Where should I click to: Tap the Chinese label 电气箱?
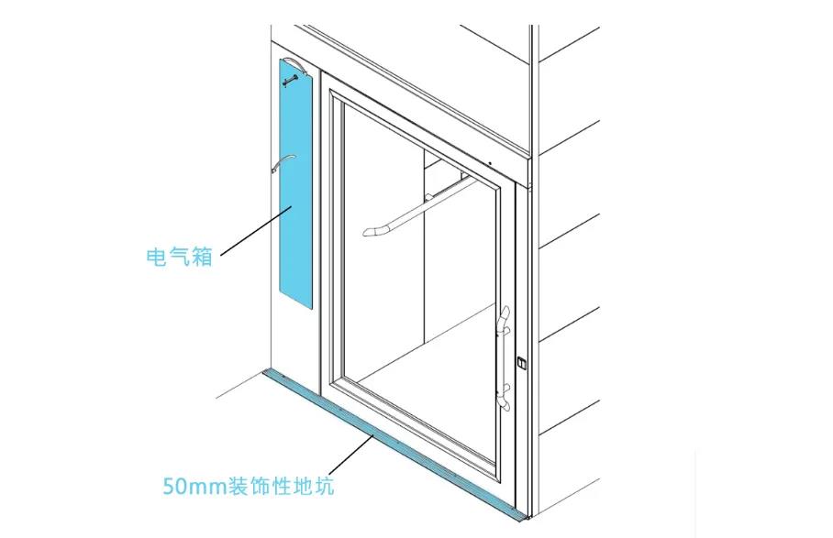pyautogui.click(x=180, y=257)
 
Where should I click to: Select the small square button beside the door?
pyautogui.click(x=522, y=363)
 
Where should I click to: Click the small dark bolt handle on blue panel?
pyautogui.click(x=291, y=82)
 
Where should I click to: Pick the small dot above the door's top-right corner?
pyautogui.click(x=490, y=164)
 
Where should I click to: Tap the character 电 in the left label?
pyautogui.click(x=157, y=257)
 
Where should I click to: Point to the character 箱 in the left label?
pyautogui.click(x=203, y=257)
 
